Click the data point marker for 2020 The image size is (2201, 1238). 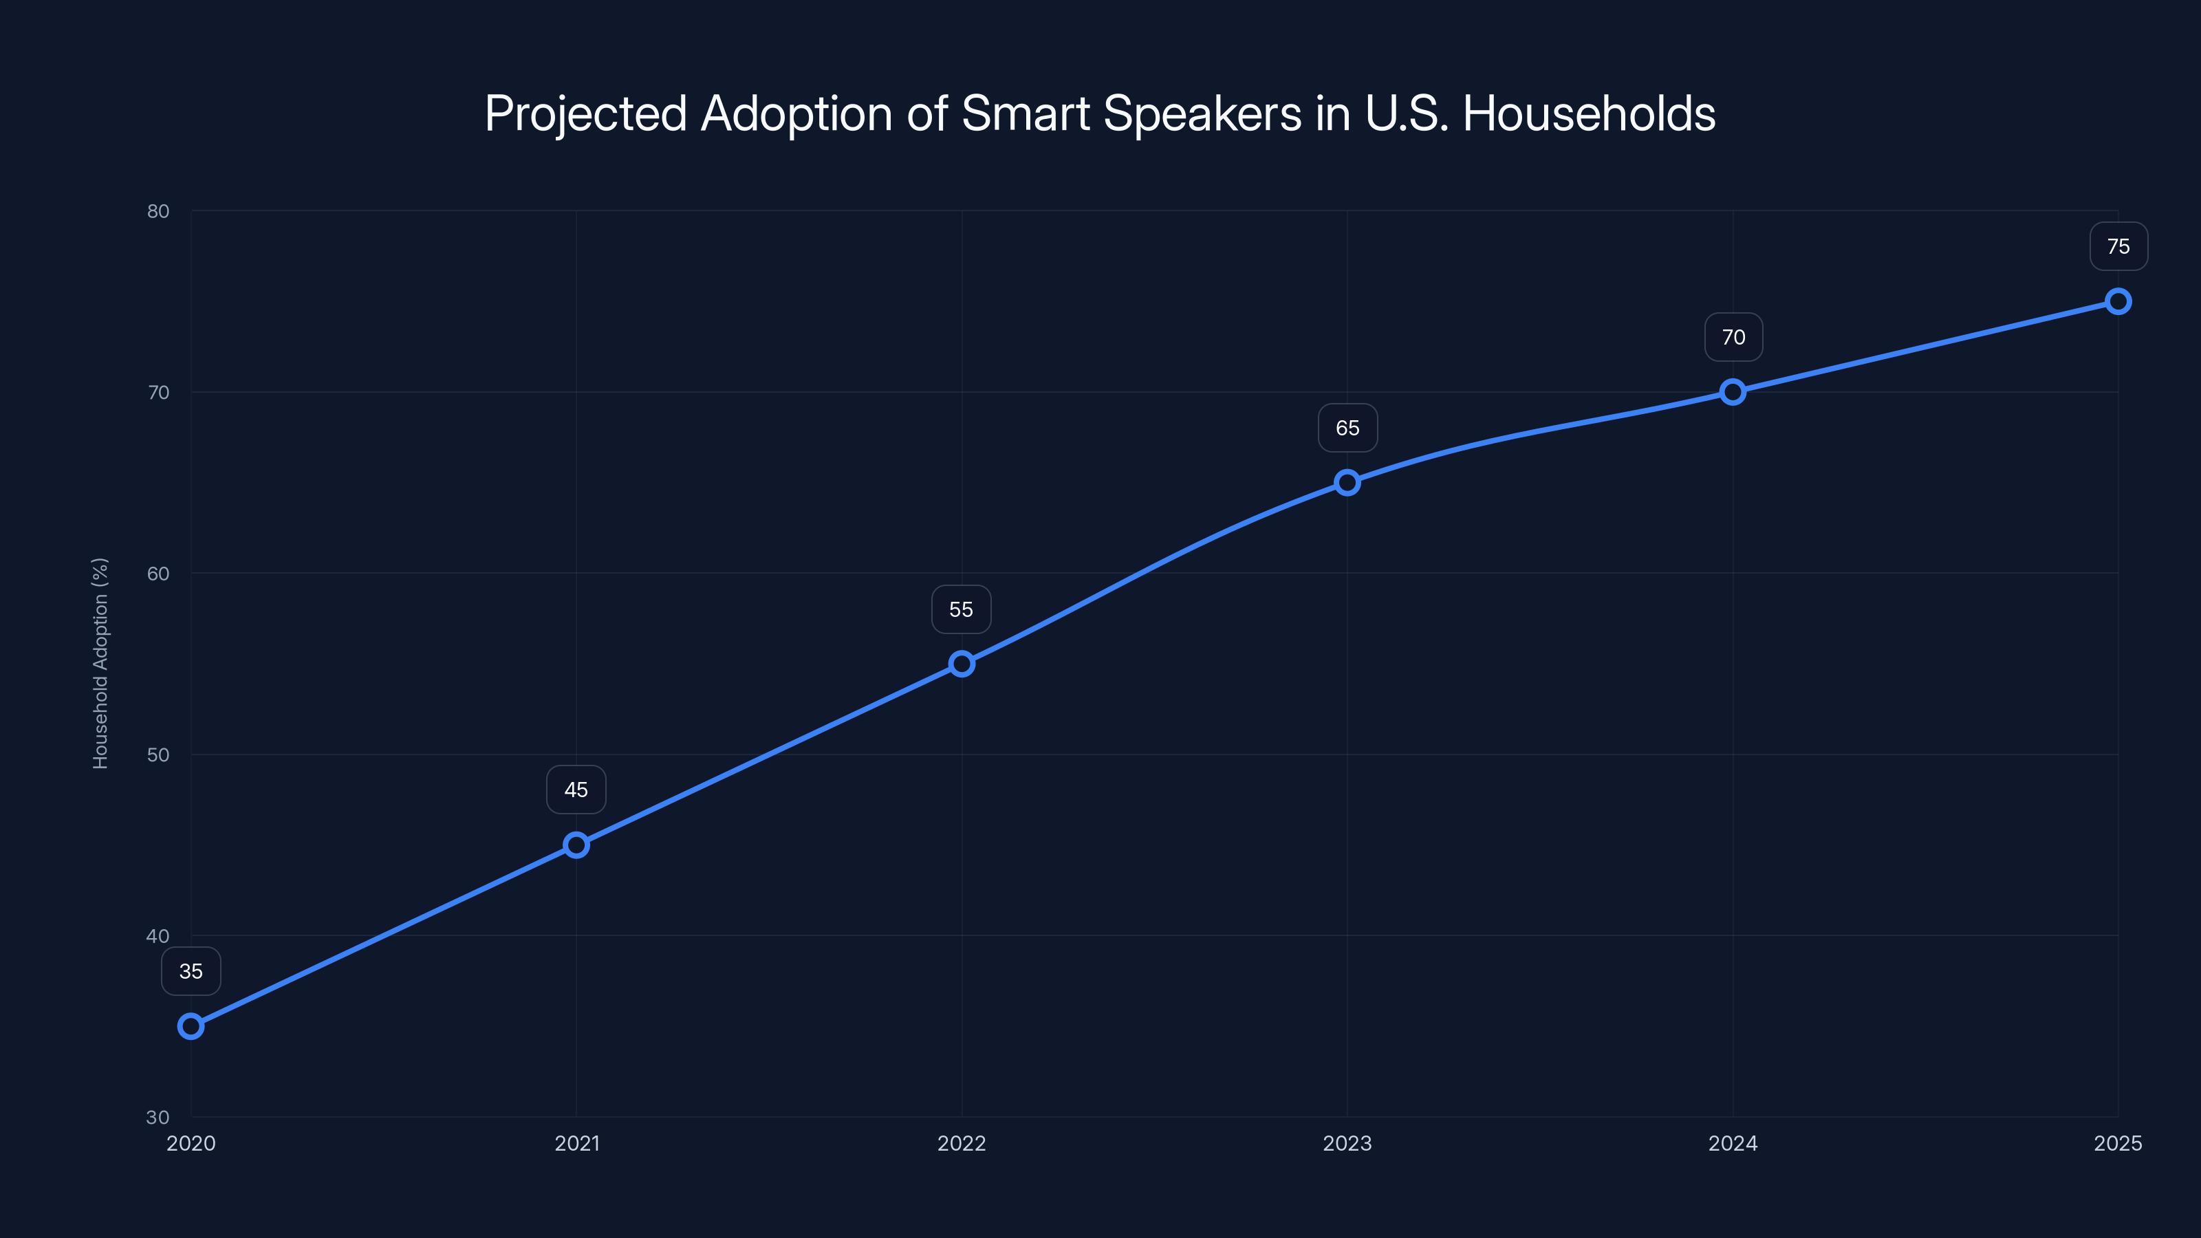[191, 1026]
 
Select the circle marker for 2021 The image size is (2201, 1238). [576, 845]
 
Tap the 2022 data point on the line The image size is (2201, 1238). [962, 664]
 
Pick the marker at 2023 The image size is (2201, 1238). [1347, 483]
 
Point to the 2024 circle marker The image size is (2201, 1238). [1733, 392]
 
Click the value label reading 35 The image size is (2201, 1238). [191, 971]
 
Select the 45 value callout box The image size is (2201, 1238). [576, 790]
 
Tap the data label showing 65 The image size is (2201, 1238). [1347, 428]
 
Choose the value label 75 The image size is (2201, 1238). [2118, 247]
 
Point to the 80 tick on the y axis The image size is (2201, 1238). [158, 211]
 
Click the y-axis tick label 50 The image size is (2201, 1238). [158, 754]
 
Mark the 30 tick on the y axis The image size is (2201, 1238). [158, 1117]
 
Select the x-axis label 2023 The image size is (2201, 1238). [1347, 1143]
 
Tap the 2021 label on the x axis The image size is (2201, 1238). [577, 1143]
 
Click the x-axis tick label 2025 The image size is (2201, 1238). [2117, 1143]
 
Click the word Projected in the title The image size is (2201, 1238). [585, 114]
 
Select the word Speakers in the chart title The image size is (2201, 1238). [1202, 113]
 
